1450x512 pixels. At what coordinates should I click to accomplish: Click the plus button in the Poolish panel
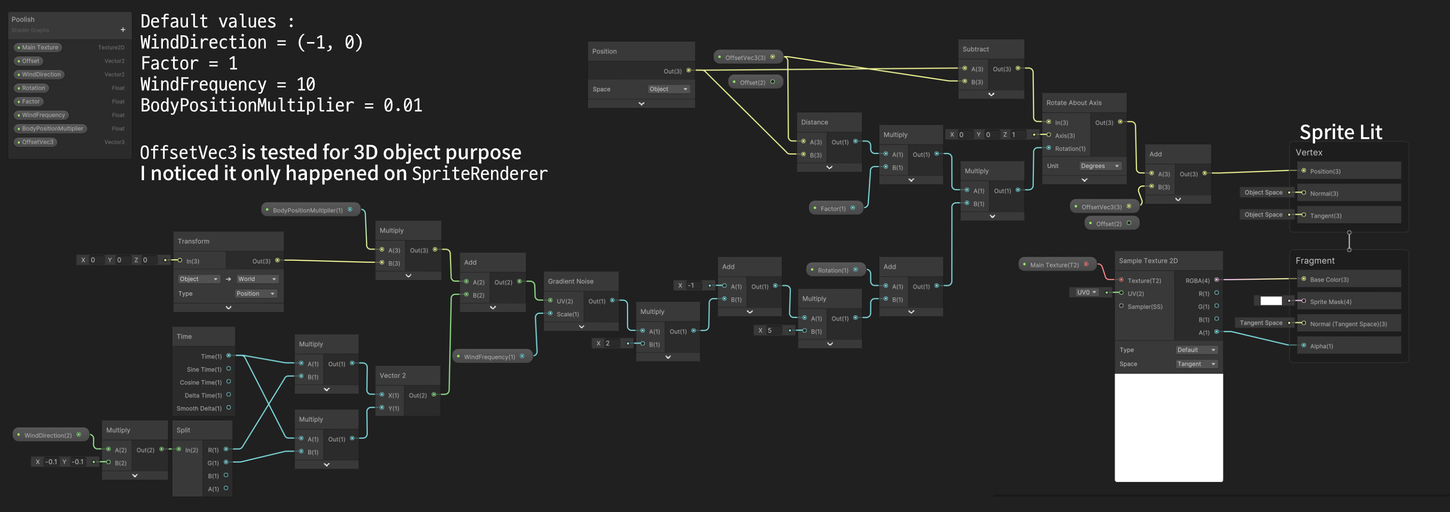123,30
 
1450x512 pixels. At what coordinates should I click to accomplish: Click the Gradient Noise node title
570,281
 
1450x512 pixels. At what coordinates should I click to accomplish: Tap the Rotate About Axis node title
1073,103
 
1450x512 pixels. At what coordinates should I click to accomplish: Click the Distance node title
814,122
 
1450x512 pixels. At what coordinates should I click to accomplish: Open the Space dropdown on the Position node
668,89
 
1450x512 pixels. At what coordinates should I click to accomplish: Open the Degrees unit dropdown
1100,166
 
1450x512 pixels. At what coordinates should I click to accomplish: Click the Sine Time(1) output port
229,369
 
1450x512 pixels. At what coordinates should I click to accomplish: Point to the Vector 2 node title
392,376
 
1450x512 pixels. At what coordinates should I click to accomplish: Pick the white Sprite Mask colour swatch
1270,301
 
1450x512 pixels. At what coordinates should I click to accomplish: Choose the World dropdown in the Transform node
257,279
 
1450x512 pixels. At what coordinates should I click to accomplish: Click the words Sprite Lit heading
1340,132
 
